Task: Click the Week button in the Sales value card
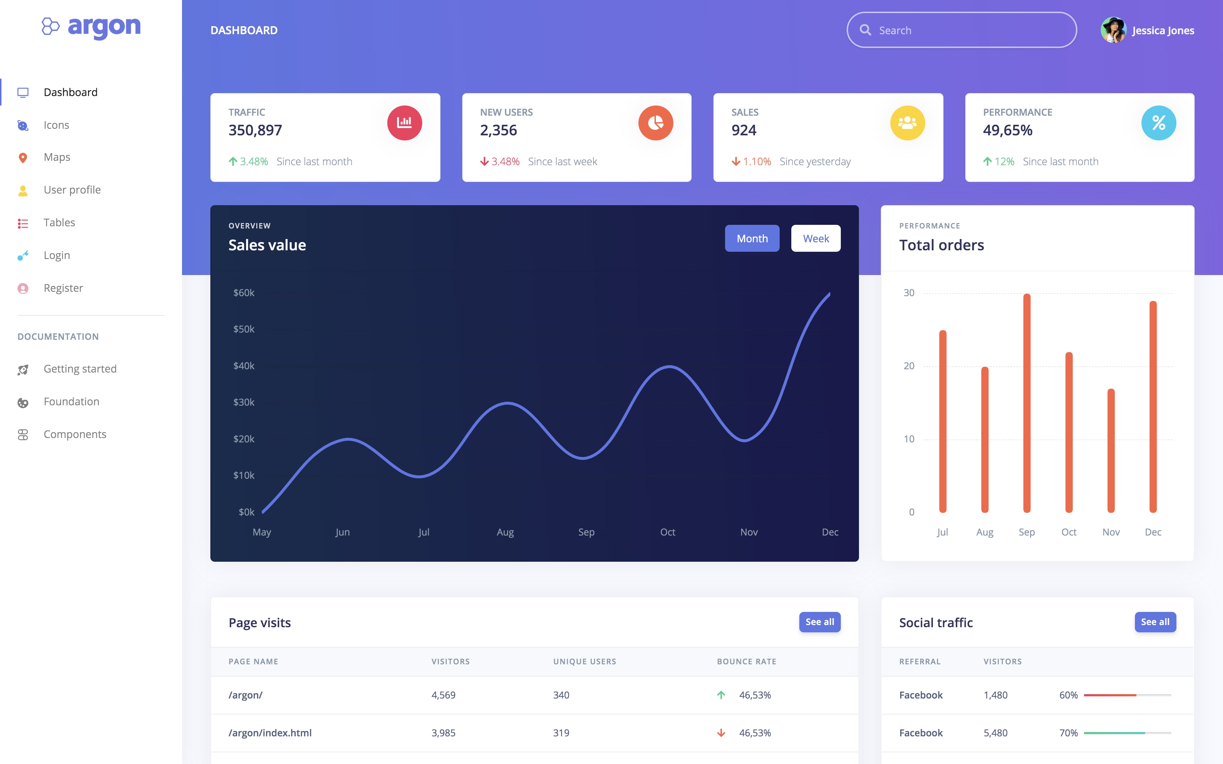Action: pos(816,239)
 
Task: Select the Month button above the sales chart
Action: pos(752,239)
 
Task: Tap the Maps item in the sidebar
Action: pos(57,157)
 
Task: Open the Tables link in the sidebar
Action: pos(59,223)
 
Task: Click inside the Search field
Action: pos(970,30)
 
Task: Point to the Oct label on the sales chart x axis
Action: pos(668,532)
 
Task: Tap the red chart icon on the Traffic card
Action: pos(404,123)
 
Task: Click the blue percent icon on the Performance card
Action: pos(1158,123)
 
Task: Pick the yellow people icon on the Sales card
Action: pos(907,123)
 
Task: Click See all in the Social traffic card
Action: pos(1155,622)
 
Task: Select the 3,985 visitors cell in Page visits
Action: pos(443,733)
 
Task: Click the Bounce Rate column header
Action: pos(747,661)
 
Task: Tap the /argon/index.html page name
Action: pos(270,733)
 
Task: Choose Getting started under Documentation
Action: pos(80,369)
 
